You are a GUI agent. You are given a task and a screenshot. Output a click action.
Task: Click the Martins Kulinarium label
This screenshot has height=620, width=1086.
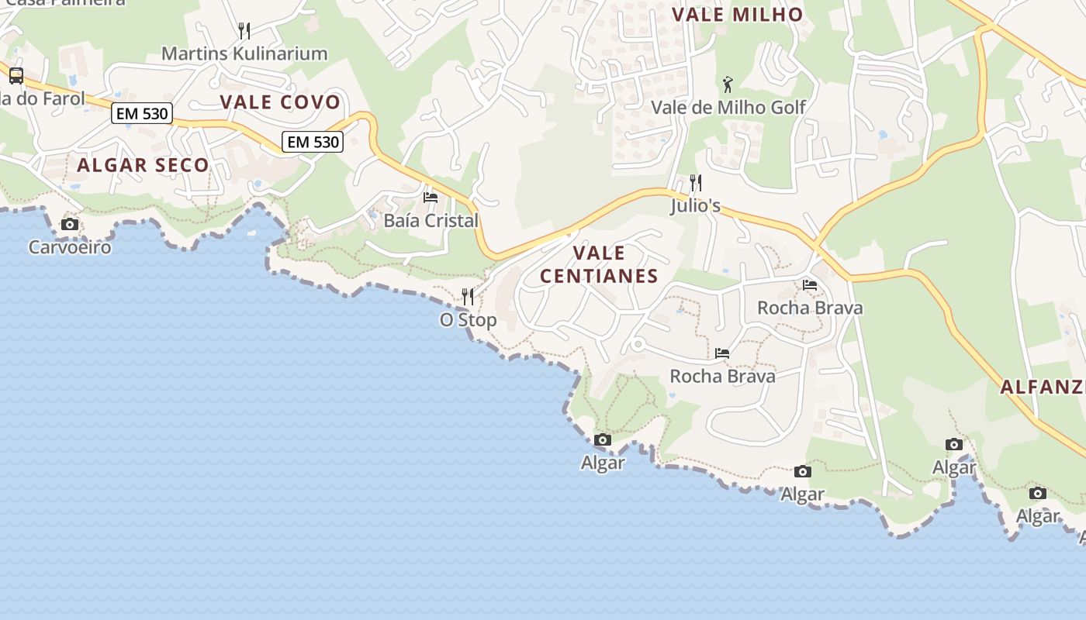coord(244,53)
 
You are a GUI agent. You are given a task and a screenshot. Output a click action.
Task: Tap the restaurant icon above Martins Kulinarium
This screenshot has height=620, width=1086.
coord(244,31)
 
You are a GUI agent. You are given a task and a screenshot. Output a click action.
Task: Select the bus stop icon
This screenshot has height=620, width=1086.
coord(16,76)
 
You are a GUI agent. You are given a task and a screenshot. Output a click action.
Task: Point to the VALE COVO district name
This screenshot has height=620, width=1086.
coord(280,102)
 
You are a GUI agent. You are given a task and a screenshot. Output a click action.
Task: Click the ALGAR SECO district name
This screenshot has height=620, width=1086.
coord(143,165)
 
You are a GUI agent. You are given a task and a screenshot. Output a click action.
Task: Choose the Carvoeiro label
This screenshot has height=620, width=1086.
coord(70,247)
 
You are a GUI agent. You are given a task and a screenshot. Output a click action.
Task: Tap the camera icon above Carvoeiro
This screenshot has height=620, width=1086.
coord(70,225)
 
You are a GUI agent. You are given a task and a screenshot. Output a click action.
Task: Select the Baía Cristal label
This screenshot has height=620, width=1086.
coord(431,221)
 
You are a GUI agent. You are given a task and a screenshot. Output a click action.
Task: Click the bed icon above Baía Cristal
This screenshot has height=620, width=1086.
coord(431,198)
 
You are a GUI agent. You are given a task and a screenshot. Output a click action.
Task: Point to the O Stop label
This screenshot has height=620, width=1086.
coord(468,319)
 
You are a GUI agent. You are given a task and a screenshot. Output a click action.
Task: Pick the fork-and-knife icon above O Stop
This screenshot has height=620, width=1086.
coord(468,296)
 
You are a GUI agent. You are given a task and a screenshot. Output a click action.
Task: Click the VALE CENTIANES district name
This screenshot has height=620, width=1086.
coord(599,264)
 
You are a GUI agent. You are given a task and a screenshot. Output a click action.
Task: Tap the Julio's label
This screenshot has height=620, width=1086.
coord(696,206)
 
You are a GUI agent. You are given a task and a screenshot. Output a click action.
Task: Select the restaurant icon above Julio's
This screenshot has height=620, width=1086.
coord(696,183)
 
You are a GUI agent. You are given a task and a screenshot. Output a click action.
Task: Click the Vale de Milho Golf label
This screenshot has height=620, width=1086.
coord(728,107)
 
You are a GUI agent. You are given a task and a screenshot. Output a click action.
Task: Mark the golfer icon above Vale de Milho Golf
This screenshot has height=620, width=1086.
coord(728,84)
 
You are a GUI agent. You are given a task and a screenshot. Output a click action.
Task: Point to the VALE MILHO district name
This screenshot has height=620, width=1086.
coord(737,15)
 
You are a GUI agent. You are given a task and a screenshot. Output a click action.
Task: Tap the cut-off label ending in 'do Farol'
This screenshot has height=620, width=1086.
coord(43,98)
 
